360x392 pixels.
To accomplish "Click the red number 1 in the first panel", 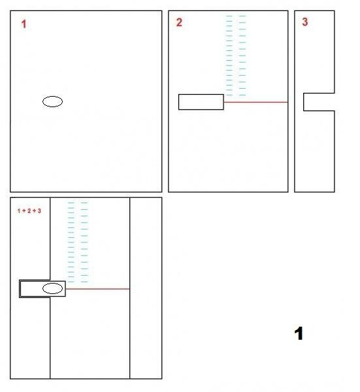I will tap(24, 25).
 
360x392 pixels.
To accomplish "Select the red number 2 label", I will tap(179, 22).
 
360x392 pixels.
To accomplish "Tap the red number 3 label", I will tap(304, 22).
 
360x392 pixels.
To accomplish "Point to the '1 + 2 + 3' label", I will tap(29, 211).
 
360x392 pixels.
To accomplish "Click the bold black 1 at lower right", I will tap(299, 334).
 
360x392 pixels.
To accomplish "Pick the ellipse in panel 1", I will tap(53, 101).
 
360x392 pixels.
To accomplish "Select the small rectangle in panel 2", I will tap(201, 102).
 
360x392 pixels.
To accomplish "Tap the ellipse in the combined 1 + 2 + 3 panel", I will tap(53, 288).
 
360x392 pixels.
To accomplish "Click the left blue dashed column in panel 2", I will tap(229, 56).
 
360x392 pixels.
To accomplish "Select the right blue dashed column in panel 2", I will tap(242, 56).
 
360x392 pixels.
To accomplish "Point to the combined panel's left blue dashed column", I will tap(71, 242).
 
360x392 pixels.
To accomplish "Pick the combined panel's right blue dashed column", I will tap(84, 242).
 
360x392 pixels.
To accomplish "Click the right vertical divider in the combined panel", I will tap(129, 287).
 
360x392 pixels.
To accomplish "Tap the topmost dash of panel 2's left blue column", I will tap(229, 16).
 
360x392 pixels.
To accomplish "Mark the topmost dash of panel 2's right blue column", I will tap(242, 16).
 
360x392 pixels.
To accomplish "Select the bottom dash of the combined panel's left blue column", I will tap(71, 282).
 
